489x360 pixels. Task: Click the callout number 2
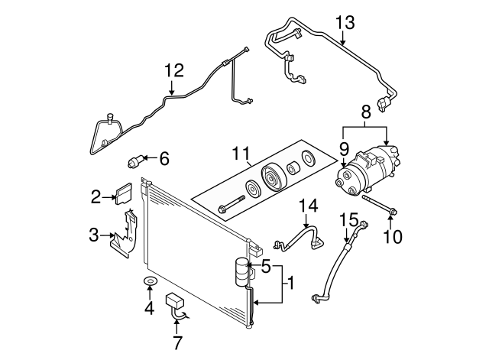96,197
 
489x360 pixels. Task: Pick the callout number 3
94,235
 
